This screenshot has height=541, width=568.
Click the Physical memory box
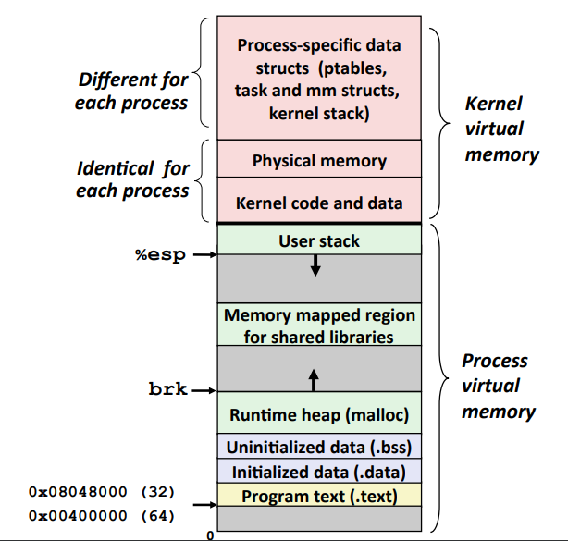(x=319, y=161)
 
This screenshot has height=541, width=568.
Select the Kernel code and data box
(x=319, y=202)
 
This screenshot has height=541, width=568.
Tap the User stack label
(x=319, y=241)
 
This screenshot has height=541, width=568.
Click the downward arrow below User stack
(x=315, y=265)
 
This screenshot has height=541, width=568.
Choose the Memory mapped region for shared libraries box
(x=319, y=326)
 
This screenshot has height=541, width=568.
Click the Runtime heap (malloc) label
(x=319, y=415)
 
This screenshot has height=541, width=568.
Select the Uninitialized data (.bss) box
(x=319, y=447)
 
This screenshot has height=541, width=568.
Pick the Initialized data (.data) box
(x=319, y=472)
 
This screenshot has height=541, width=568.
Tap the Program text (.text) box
(x=319, y=497)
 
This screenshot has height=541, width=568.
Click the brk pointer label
(x=167, y=390)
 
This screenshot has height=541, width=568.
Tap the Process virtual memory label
(x=498, y=386)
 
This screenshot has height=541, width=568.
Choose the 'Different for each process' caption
(x=131, y=91)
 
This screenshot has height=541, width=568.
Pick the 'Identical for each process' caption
(x=132, y=179)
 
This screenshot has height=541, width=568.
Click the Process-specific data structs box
(x=319, y=80)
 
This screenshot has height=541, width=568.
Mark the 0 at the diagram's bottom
(x=210, y=535)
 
